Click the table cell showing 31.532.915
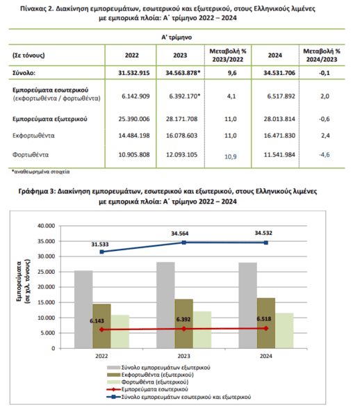[133, 73]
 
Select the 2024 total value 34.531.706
[279, 73]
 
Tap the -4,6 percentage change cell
[324, 155]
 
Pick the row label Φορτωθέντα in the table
[31, 155]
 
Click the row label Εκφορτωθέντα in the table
[33, 136]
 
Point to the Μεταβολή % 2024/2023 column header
[322, 56]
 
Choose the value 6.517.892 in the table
[281, 97]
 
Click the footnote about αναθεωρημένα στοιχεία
[41, 172]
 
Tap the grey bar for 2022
[83, 309]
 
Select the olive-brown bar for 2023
[184, 324]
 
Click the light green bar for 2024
[284, 331]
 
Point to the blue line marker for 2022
[102, 252]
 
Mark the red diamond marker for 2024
[266, 329]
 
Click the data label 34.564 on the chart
[180, 234]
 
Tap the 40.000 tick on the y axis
[47, 226]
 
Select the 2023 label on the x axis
[183, 356]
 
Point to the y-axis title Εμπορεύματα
[19, 281]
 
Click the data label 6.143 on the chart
[97, 321]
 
